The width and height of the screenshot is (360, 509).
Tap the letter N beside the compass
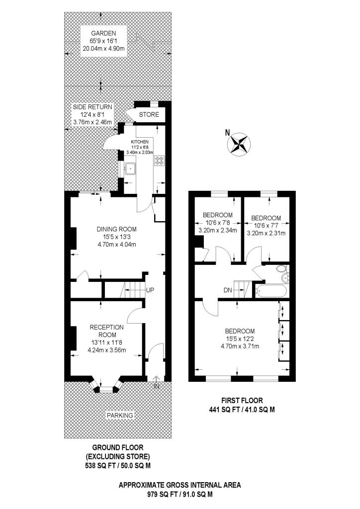point(228,132)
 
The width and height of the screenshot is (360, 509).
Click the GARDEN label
point(103,33)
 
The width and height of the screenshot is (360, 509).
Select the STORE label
point(149,114)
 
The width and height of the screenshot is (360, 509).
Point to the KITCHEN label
point(140,142)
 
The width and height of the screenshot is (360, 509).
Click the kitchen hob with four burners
point(160,160)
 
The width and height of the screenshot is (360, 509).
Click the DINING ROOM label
point(116,229)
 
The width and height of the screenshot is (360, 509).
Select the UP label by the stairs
point(150,290)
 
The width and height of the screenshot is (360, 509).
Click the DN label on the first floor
point(228,290)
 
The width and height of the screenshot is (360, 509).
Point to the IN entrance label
point(157,386)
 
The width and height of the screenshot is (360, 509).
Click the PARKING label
point(120,415)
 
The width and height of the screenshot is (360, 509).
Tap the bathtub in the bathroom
point(271,291)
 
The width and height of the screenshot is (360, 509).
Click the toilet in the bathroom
point(280,269)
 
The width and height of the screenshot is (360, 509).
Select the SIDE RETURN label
point(92,107)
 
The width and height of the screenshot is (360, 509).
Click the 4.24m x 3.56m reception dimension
point(107,350)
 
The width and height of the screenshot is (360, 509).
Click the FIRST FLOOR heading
point(242,401)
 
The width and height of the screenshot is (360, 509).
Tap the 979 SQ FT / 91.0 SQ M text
point(180,495)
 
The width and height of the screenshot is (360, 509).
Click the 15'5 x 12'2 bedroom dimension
point(240,339)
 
